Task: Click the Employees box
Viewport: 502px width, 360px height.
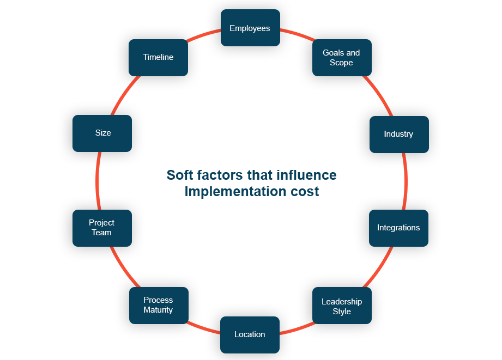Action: coord(250,28)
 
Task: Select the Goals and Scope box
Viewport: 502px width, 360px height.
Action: coord(342,58)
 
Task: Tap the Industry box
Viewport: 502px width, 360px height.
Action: coord(398,135)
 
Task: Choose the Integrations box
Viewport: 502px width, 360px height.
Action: coord(398,228)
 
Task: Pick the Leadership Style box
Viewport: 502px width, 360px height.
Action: coord(342,307)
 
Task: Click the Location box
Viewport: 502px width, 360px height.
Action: coord(250,334)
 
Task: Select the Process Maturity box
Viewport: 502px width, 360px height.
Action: coord(158,305)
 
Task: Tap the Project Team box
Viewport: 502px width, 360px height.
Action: coord(102,228)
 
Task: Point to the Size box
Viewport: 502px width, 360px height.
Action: coord(102,133)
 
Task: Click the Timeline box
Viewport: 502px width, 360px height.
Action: coord(158,57)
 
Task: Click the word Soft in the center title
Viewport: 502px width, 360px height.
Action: coord(180,175)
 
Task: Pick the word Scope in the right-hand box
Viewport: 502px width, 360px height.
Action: coord(341,63)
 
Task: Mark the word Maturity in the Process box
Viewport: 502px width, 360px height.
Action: coord(158,310)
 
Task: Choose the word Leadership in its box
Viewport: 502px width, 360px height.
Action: coord(342,302)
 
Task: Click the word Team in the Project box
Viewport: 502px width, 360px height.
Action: coord(102,233)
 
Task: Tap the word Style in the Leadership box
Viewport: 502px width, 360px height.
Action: coord(342,312)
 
